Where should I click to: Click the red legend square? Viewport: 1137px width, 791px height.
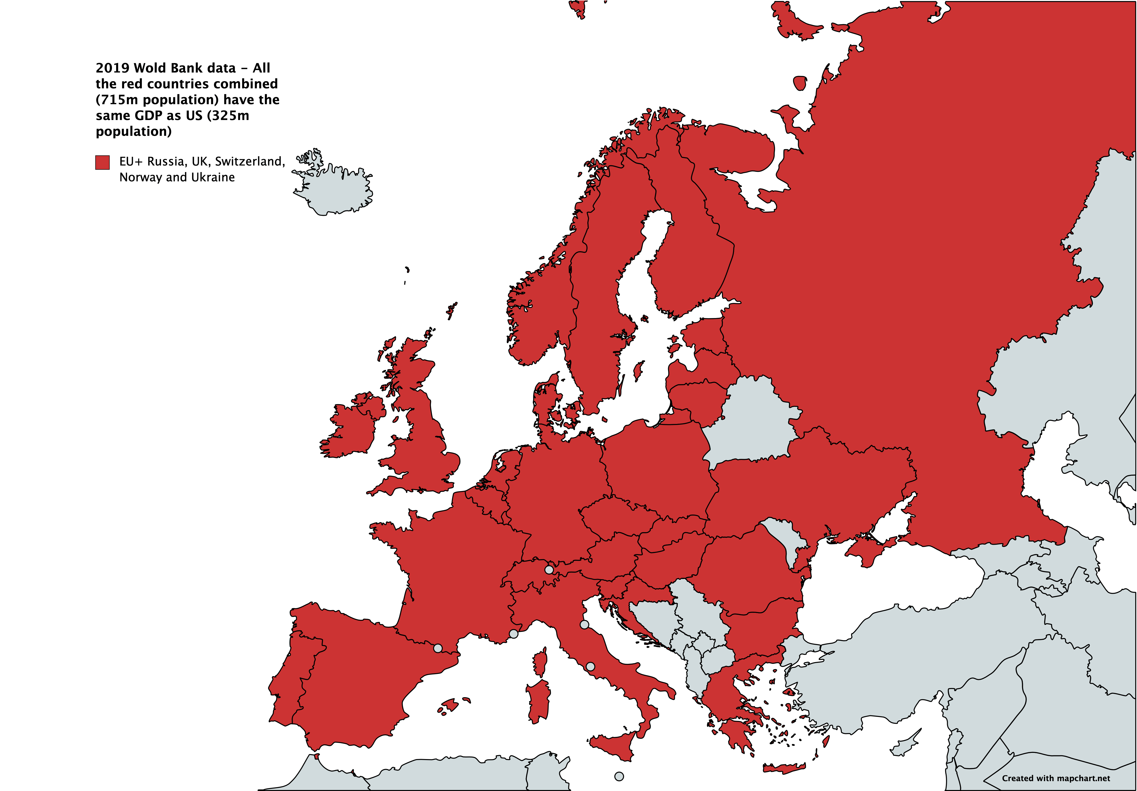coord(103,162)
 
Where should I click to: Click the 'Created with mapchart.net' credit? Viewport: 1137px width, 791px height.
coord(1056,778)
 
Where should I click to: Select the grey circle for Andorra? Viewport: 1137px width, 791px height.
coord(438,648)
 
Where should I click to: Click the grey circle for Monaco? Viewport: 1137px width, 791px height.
coord(514,634)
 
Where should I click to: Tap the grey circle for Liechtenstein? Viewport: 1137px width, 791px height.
coord(549,570)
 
